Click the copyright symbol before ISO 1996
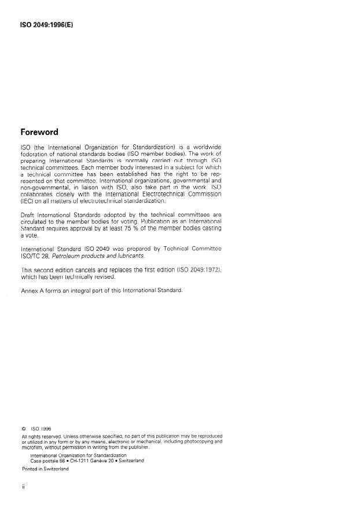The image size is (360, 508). (23, 429)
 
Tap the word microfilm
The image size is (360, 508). (32, 447)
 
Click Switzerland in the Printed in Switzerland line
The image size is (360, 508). (55, 469)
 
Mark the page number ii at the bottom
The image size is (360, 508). (22, 488)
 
